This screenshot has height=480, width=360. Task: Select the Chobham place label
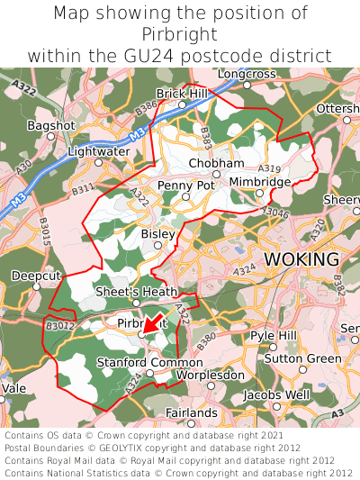tap(216, 163)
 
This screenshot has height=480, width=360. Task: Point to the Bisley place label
tap(158, 233)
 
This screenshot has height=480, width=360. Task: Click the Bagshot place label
tap(46, 124)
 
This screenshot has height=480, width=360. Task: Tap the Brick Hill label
tap(182, 93)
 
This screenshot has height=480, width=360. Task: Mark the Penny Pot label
tap(186, 185)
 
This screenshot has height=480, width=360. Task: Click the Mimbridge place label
tap(260, 181)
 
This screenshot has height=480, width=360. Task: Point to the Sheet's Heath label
tap(137, 291)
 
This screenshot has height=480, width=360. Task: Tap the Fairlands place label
tap(192, 412)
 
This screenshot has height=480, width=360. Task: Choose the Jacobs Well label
tap(277, 394)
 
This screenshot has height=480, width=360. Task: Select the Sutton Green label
tap(302, 358)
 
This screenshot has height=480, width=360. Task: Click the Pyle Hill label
tap(274, 335)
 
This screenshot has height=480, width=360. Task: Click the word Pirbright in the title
tap(180, 34)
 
